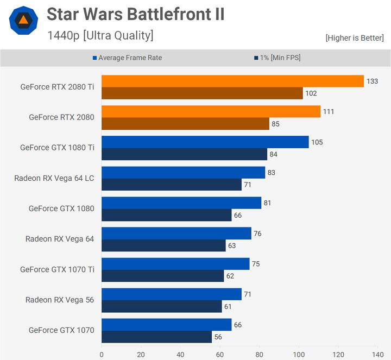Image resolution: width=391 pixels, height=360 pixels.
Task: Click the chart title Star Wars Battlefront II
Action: tap(135, 14)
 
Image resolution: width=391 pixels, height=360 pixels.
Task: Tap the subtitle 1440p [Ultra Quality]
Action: tap(100, 35)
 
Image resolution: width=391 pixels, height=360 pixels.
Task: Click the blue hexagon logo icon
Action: tap(23, 21)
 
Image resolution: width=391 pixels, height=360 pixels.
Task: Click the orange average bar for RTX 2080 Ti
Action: tap(232, 81)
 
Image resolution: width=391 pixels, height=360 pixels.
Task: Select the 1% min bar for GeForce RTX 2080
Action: tap(185, 124)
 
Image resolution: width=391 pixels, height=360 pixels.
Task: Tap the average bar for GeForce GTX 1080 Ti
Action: tap(205, 142)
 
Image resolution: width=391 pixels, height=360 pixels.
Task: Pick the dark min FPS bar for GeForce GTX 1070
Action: tap(156, 337)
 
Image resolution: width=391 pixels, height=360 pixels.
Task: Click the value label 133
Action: tap(372, 81)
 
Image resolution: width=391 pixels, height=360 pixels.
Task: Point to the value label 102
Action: tap(311, 93)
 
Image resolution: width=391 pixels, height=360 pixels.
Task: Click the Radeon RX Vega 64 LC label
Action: tap(54, 178)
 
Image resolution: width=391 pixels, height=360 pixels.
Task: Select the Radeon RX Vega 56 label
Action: tap(60, 300)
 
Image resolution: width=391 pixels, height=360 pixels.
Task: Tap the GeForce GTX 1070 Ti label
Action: tap(57, 269)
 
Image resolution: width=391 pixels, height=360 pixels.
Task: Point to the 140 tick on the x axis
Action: tap(377, 353)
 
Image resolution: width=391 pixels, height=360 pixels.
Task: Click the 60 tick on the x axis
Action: tap(220, 353)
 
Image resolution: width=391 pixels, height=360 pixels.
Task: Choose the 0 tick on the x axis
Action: tap(102, 353)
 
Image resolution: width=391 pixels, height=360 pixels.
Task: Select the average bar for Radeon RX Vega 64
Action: tap(176, 233)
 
